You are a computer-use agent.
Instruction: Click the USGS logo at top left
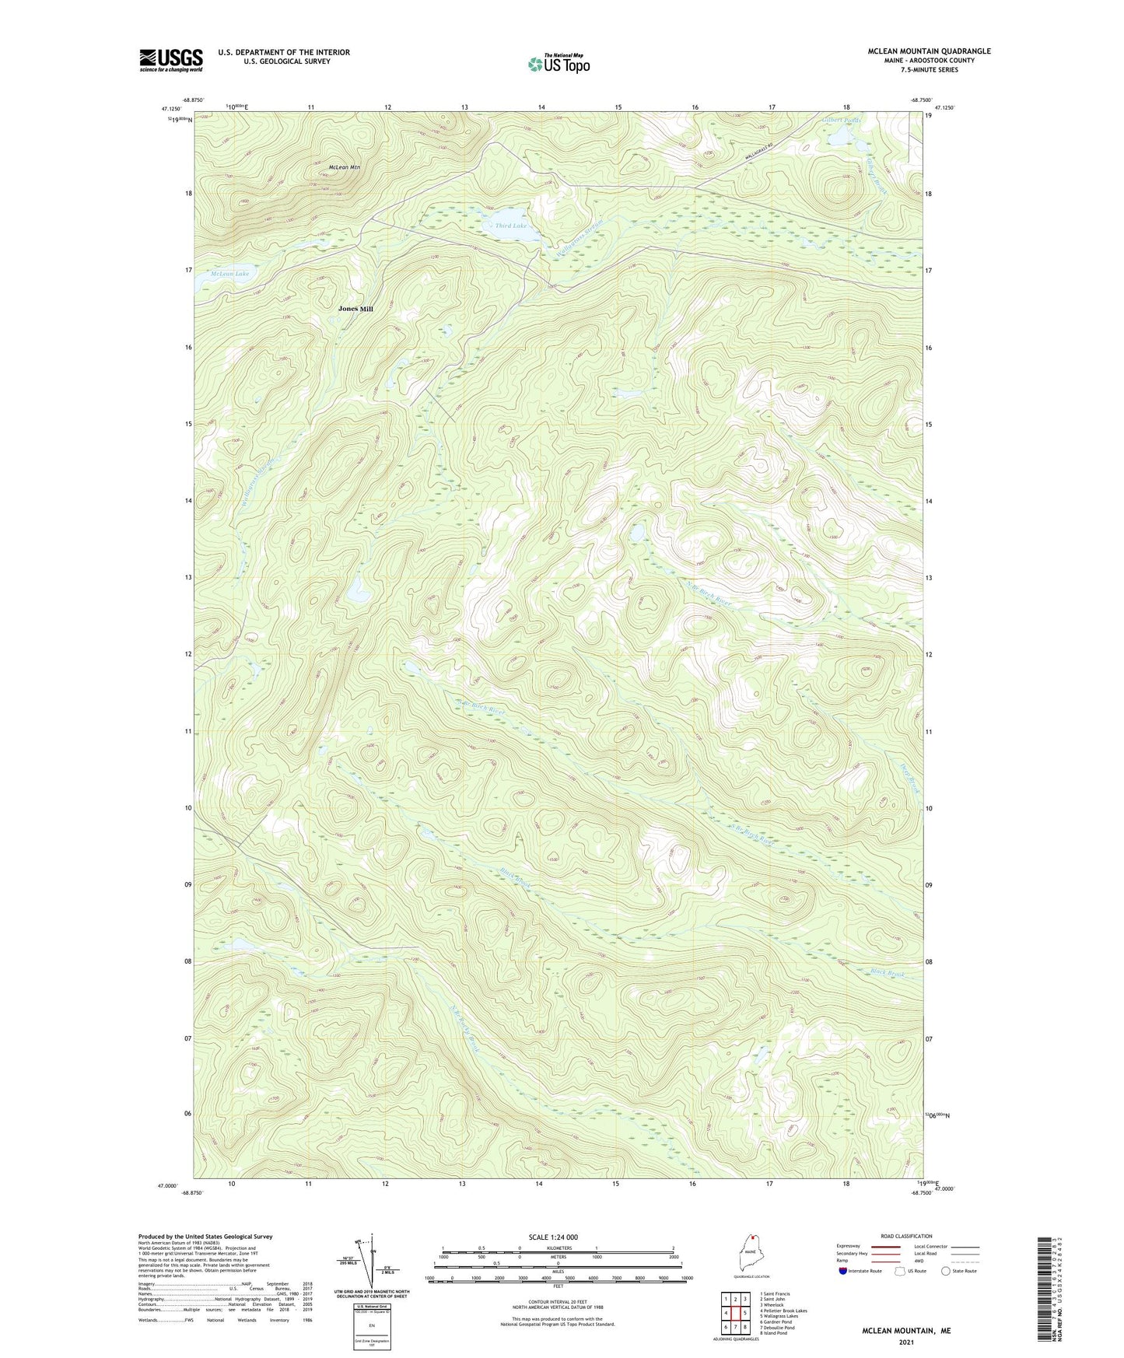point(171,60)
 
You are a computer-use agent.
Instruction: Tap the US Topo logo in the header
point(558,64)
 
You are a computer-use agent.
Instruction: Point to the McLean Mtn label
point(344,167)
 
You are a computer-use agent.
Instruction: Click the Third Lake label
point(510,226)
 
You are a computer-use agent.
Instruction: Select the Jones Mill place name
point(355,309)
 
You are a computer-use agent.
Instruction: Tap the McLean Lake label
point(230,274)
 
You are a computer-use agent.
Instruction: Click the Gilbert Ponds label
point(841,121)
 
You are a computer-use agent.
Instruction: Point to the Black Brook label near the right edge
point(888,972)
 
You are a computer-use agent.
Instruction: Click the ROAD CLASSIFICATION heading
point(906,1236)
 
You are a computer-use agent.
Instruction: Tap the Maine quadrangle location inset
point(751,1256)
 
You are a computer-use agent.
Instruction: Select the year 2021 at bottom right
point(905,1342)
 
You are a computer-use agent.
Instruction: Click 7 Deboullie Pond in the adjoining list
point(777,1328)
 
